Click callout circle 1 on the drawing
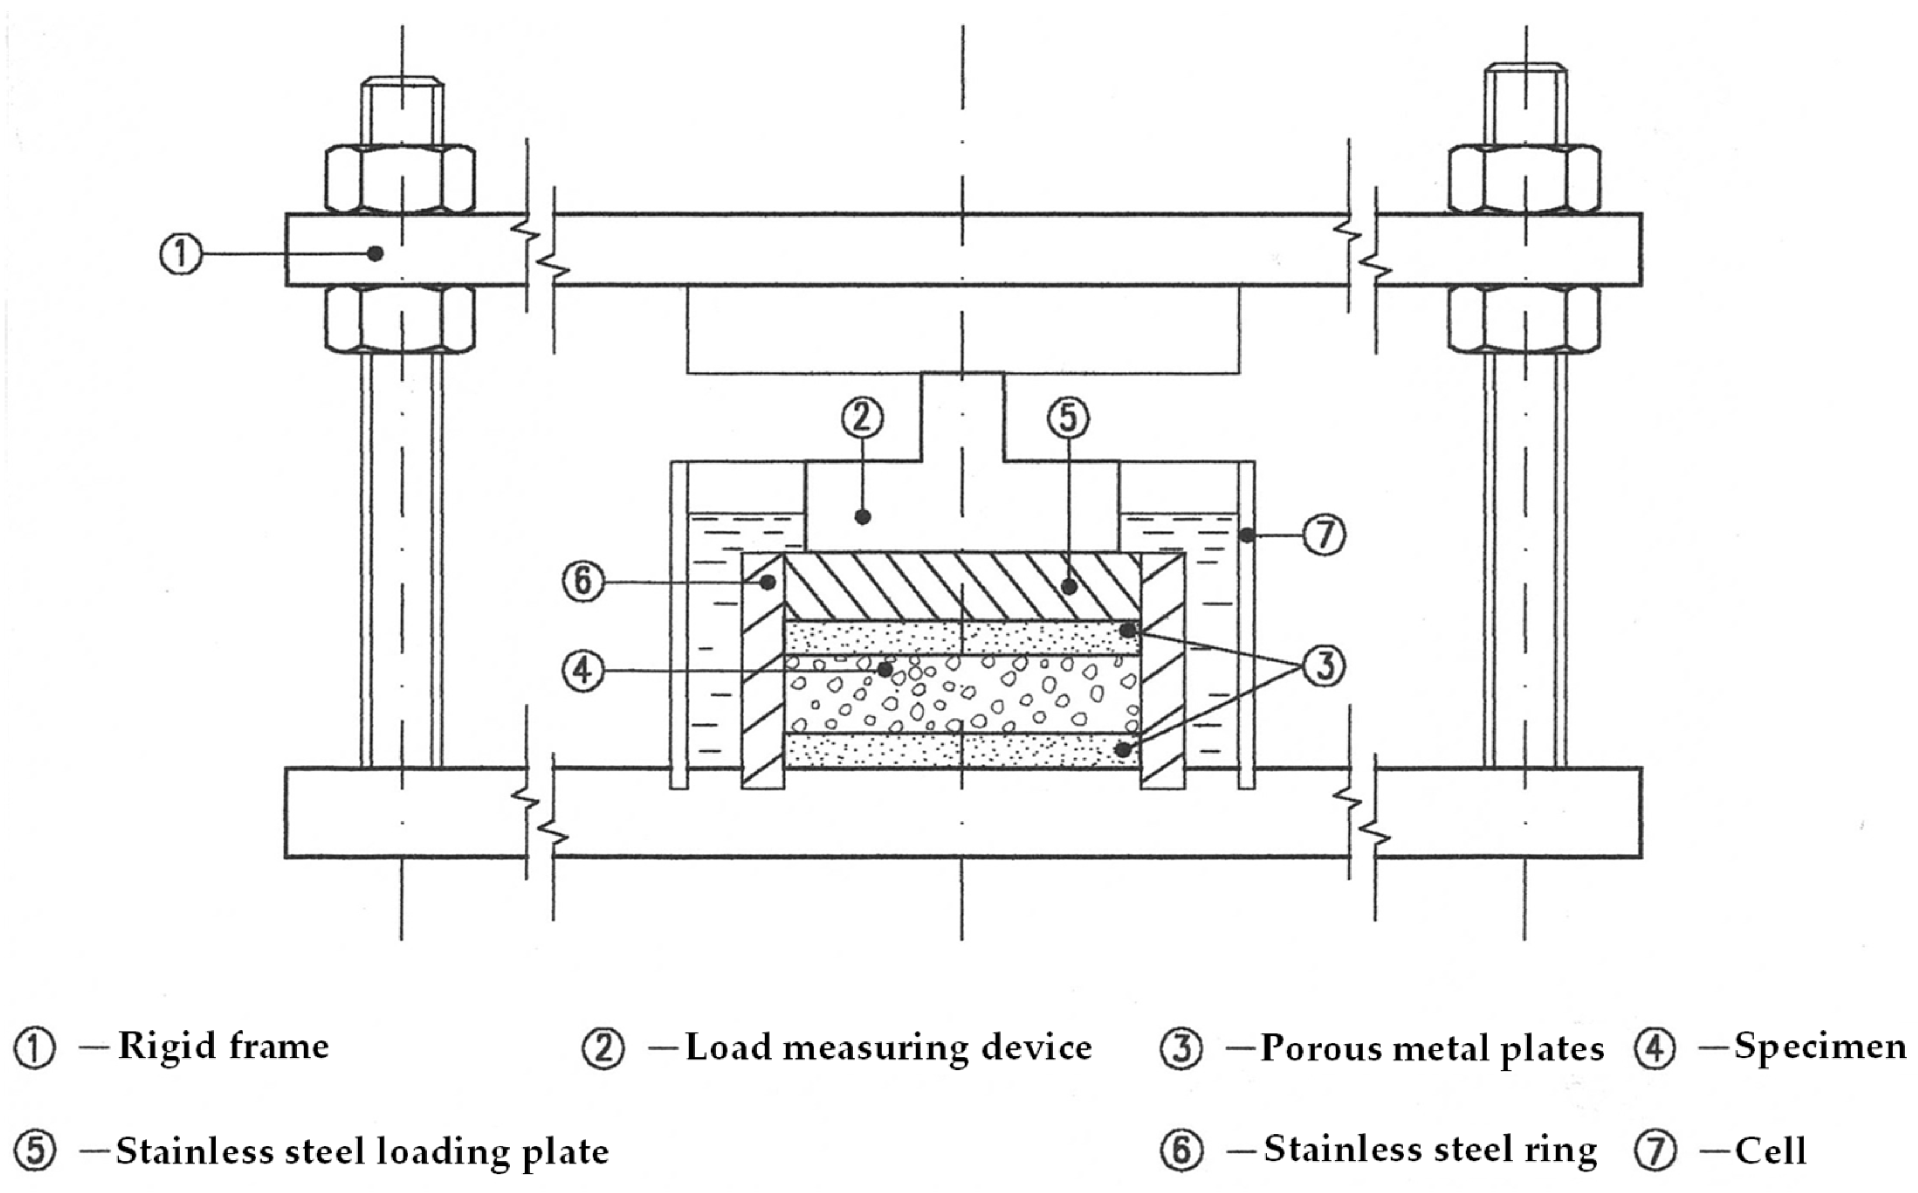click(181, 254)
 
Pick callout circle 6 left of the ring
click(582, 582)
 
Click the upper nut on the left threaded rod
click(400, 179)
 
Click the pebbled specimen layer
click(987, 695)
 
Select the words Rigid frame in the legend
click(224, 1048)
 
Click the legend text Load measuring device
click(888, 1048)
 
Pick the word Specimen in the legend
click(1819, 1048)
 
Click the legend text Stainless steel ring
click(1429, 1150)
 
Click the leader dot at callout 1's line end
click(376, 253)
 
